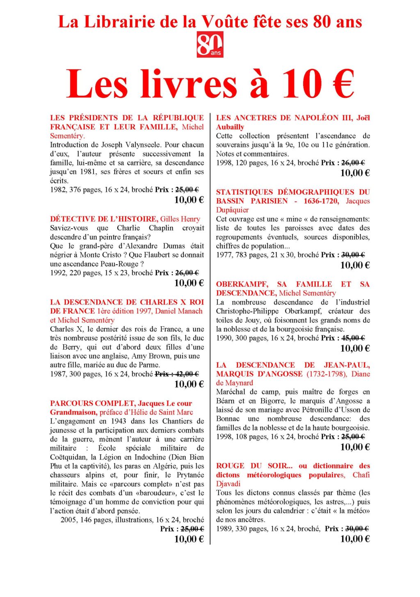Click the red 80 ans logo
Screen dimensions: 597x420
click(210, 45)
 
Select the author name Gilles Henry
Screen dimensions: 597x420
click(180, 219)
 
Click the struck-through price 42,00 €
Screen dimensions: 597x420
click(187, 374)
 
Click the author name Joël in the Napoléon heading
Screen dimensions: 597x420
click(363, 118)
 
